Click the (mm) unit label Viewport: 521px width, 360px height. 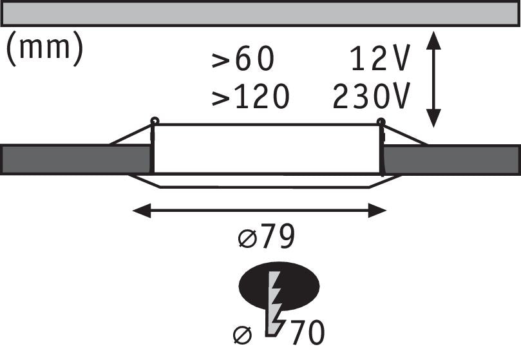tap(44, 48)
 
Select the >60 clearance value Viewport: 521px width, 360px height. tap(243, 58)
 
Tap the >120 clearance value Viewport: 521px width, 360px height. tap(251, 97)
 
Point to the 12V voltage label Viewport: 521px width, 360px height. tap(380, 58)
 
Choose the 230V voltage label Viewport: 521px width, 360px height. tap(372, 97)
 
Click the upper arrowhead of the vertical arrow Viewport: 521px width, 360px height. tap(433, 40)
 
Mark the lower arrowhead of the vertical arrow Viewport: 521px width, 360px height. tap(433, 118)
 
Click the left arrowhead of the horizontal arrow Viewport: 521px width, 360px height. tap(142, 211)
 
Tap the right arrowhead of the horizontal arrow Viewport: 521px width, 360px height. tap(377, 211)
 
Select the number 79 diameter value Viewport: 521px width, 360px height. tap(278, 236)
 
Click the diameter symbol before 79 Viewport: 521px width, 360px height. tap(248, 239)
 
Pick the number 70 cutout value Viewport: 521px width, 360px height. tap(308, 332)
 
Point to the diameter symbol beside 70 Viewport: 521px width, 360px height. tap(243, 335)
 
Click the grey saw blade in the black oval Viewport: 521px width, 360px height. tap(274, 303)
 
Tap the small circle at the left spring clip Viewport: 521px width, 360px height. tap(155, 120)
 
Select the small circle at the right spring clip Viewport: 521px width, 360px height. tap(381, 122)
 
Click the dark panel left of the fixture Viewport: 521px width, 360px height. tap(76, 160)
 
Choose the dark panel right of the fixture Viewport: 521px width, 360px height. tap(452, 160)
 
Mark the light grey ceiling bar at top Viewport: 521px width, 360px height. tap(260, 14)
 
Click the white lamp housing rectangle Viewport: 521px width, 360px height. tap(267, 149)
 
